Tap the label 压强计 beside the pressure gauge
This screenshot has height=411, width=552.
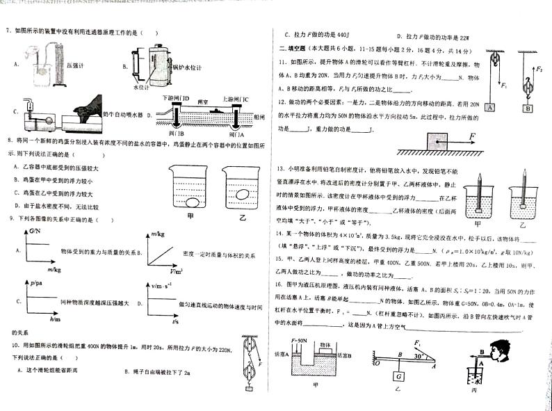[x=75, y=64]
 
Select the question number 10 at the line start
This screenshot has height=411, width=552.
[x=14, y=346]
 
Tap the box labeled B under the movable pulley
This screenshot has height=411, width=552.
[x=527, y=108]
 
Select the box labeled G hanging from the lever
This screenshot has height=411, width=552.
[x=398, y=376]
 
